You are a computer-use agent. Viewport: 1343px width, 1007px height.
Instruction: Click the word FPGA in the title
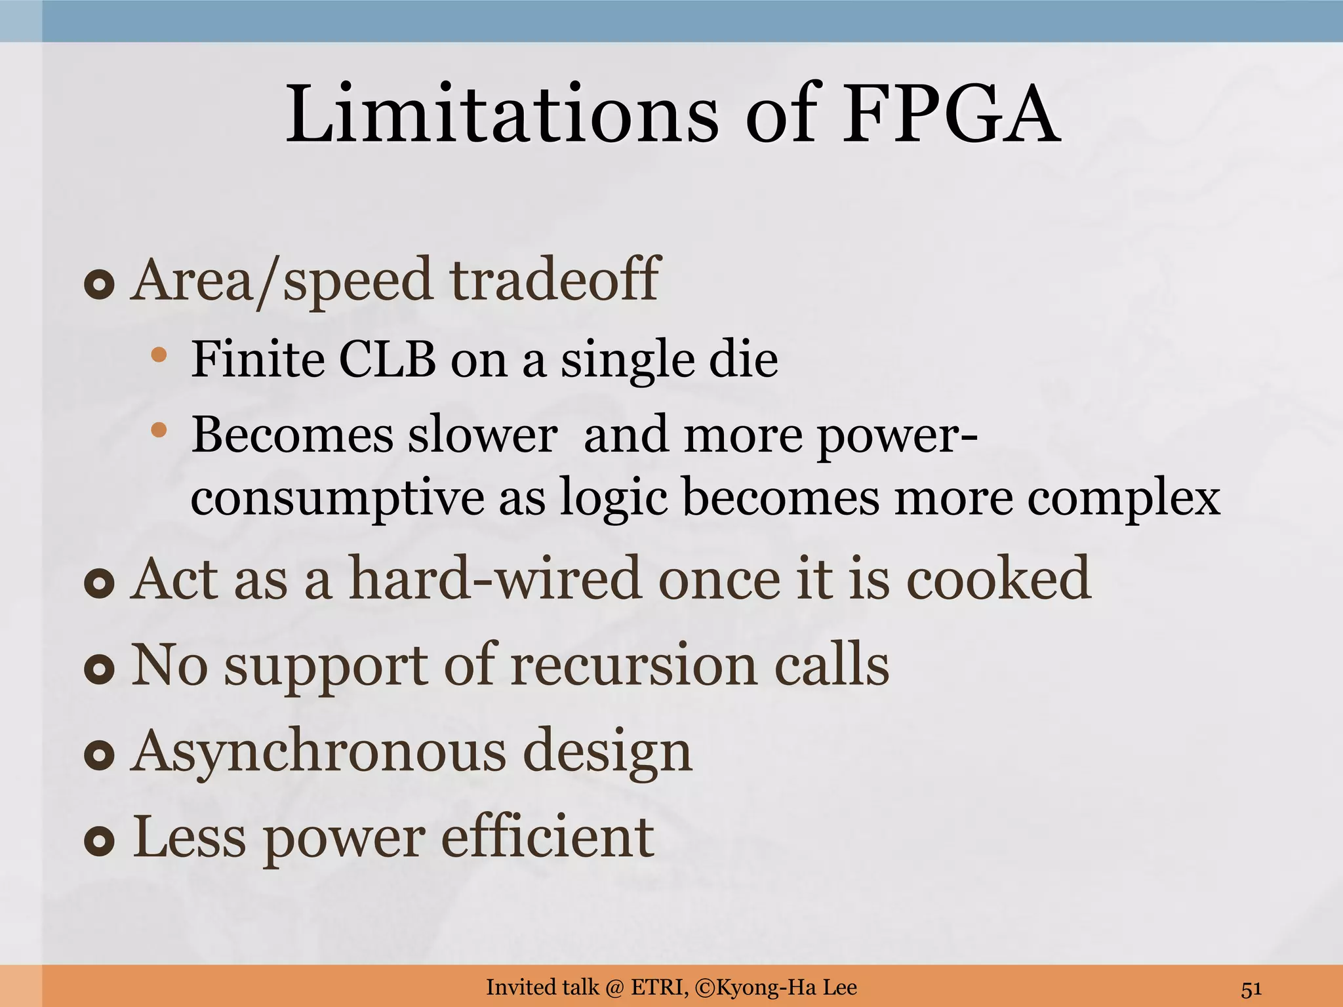pos(951,115)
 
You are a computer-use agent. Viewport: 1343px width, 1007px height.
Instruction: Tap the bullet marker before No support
pos(100,669)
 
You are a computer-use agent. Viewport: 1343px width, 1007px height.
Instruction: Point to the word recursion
pos(633,665)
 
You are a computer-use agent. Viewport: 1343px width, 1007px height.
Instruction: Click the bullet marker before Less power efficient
pos(100,842)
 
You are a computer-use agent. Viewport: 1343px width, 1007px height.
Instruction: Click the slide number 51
pos(1251,988)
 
